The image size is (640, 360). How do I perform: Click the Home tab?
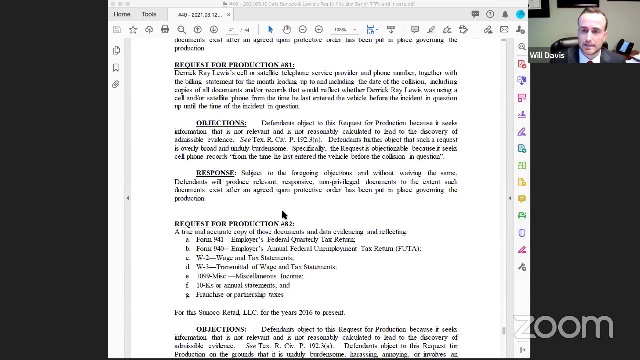coord(122,14)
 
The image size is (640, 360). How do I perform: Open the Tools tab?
coord(149,14)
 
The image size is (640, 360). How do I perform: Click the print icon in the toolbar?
coord(165,30)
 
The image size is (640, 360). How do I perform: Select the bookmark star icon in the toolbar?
coord(133,30)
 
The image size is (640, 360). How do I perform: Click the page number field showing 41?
coord(231,30)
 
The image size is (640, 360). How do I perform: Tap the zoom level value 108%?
coord(340,30)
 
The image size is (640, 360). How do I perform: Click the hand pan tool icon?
coord(286,30)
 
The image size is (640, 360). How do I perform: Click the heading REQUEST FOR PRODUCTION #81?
coord(234,65)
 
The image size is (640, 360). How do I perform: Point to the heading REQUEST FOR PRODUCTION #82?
coord(234,224)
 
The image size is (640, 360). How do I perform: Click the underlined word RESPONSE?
coord(215,173)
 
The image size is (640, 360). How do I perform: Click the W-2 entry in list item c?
coord(202,258)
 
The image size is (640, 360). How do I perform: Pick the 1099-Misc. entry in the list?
coord(211,276)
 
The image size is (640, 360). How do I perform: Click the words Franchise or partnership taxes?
coord(240,295)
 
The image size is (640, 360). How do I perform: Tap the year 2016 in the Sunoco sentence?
coord(305,313)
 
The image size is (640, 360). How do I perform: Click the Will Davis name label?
coord(547,55)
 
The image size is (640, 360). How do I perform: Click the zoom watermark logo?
coord(563,327)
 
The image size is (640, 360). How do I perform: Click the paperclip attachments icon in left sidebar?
coord(116,84)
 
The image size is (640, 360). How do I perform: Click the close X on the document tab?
coord(229,15)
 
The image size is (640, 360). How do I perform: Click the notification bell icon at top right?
coord(505,14)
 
